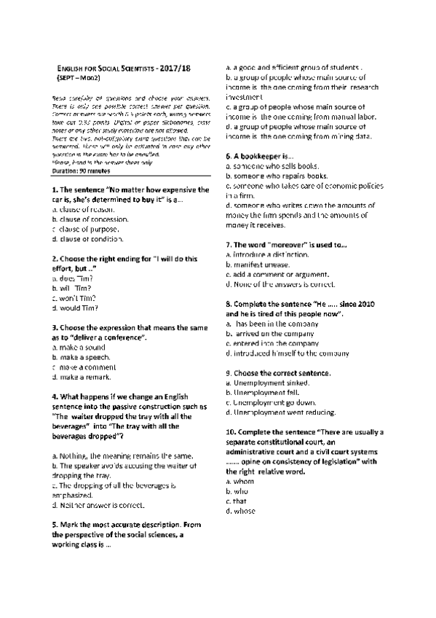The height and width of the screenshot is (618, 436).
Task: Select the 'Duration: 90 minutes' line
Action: point(84,170)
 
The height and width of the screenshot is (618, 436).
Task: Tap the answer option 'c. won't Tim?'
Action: point(75,298)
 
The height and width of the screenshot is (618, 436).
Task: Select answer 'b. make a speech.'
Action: point(81,358)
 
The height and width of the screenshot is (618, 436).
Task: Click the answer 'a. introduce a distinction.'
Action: point(268,254)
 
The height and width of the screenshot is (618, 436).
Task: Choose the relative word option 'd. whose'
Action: point(240,511)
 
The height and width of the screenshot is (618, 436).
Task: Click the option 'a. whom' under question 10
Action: point(240,482)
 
